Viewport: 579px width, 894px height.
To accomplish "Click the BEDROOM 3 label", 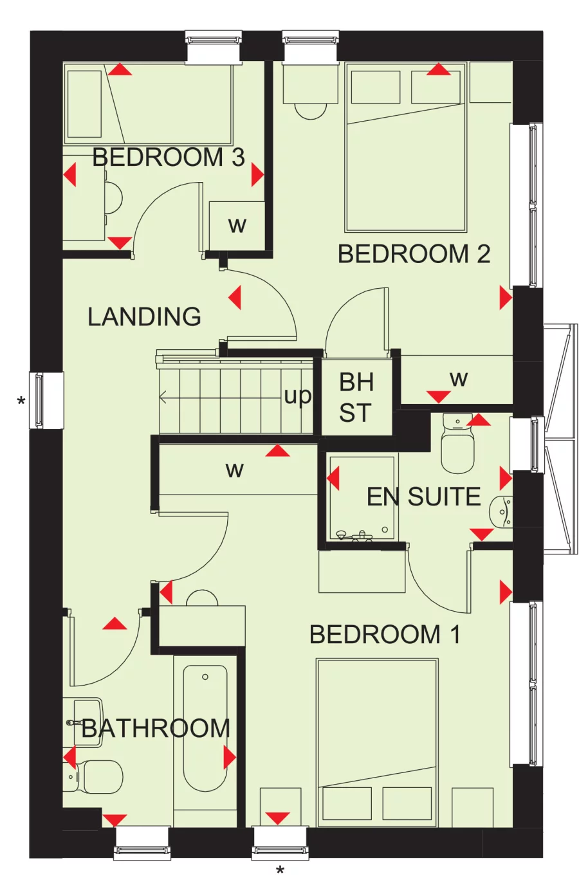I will pos(169,158).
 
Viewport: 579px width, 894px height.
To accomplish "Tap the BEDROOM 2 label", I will pos(414,255).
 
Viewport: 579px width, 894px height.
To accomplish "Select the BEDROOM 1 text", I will pos(385,635).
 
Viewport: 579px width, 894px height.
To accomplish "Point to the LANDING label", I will pos(144,317).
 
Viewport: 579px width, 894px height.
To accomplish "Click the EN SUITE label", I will pos(423,497).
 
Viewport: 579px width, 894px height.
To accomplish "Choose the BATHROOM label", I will pos(156,729).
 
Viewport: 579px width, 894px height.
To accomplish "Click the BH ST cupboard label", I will pos(356,397).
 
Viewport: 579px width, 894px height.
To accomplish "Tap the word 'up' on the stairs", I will pos(298,396).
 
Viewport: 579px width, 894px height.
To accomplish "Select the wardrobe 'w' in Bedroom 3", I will pos(237,226).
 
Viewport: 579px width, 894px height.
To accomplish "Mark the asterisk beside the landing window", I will pos(21,402).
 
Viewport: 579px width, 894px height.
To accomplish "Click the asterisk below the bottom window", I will pos(280,871).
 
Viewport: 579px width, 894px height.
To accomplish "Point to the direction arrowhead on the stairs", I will pos(163,398).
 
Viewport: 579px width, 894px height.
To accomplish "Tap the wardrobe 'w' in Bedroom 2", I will pos(458,379).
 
